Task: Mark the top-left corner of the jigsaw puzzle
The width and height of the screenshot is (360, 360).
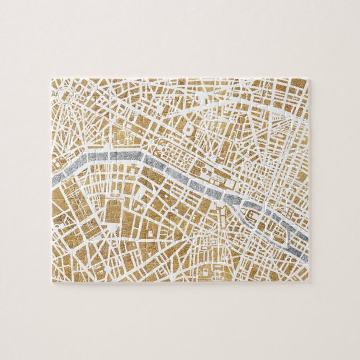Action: (x=53, y=79)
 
